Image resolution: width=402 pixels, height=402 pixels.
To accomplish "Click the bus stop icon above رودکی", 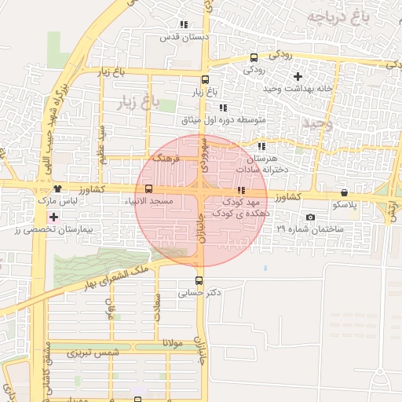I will coord(254,57).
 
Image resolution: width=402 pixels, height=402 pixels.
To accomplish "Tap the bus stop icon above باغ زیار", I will coord(205,79).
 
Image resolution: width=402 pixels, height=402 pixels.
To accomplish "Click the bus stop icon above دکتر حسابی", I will coord(198,280).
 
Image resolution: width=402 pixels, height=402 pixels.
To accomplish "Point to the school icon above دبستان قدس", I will coord(184,25).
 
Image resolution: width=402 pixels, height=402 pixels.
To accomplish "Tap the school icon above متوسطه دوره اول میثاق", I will coord(223,108).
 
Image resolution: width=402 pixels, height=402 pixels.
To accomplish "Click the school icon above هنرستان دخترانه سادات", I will coord(261,146).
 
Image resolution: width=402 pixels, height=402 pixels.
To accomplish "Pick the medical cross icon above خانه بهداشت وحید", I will coord(297,76).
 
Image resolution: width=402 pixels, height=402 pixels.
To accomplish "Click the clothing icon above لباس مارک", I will coord(58,188).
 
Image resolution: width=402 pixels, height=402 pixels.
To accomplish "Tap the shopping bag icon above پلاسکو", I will coord(344,192).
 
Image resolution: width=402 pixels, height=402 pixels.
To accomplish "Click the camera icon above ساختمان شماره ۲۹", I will coord(310,217).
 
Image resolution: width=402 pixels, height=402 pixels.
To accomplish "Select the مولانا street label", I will coord(172,344).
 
